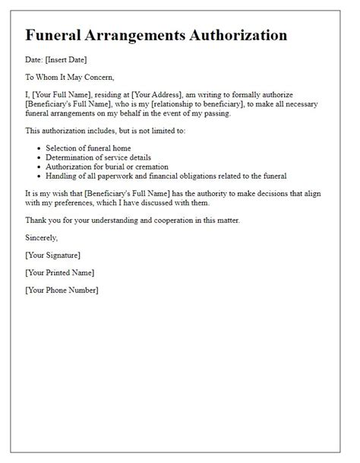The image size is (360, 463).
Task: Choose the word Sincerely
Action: [x=43, y=238]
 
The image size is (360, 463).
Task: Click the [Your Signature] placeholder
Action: [x=52, y=255]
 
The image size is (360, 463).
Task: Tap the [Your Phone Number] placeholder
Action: [x=62, y=290]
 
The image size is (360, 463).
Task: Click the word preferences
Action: [x=85, y=204]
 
